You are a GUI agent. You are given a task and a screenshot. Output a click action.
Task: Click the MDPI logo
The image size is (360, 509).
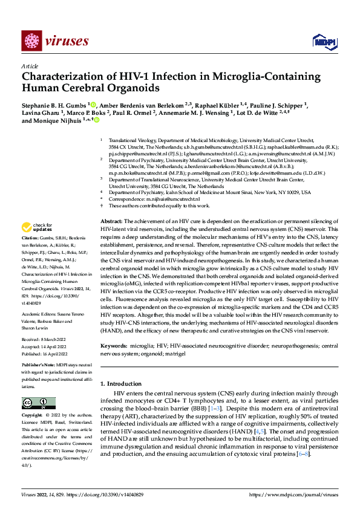tap(321, 41)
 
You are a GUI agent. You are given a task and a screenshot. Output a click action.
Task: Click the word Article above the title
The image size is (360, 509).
tap(30, 66)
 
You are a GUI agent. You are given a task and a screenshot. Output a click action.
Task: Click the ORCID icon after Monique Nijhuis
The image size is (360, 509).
tap(96, 121)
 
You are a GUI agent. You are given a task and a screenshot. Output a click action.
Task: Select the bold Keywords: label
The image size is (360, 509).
tap(115, 346)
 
